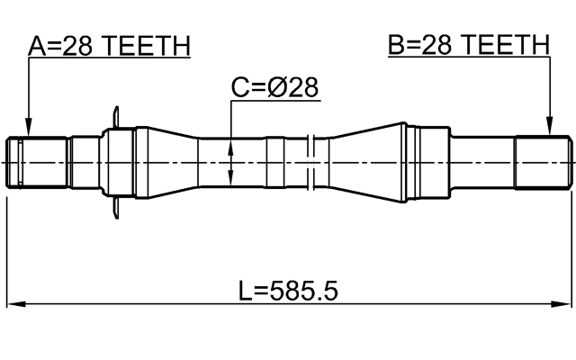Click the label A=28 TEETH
pos(108,45)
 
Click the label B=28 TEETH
pos(468,45)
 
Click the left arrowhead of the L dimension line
pos(13,304)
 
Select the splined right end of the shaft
pos(543,162)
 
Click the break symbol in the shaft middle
pos(309,162)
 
